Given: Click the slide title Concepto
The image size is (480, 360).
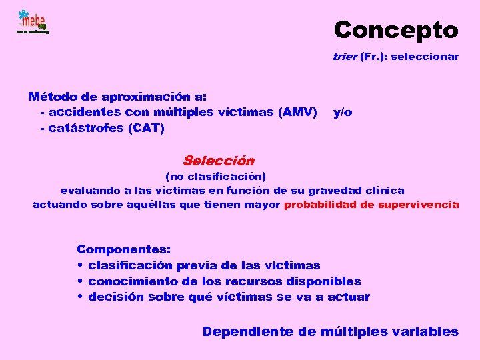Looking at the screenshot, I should pos(396,30).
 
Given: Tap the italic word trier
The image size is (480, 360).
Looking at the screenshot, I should pos(345,57).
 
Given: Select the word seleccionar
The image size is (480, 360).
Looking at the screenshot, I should pos(425,57).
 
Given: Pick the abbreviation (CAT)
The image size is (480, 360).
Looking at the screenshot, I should pos(145,128).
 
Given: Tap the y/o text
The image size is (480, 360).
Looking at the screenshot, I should pos(343,112).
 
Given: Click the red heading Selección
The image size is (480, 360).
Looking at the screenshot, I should pos(218,161).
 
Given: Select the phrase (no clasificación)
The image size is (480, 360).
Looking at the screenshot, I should pos(215,177).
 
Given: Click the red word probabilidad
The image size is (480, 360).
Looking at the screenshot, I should pos(320,205).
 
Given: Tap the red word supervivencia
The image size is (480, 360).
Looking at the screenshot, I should pos(418,205).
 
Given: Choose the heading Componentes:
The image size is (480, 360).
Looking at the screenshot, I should pos(124,249).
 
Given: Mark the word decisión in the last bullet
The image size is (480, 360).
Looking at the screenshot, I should pos(116,297).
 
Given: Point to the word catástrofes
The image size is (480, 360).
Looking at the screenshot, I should pos(82,128).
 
